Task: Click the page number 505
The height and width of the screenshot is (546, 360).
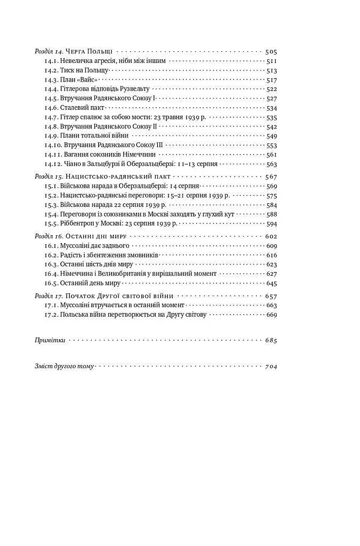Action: pos(271,52)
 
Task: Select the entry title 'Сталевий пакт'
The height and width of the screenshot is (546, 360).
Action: pos(79,108)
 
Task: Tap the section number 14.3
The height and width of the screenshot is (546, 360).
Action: pos(51,79)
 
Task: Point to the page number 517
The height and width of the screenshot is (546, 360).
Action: pos(271,79)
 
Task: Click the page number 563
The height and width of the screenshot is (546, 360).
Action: pos(271,164)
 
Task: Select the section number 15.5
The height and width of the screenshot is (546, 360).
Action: pos(51,223)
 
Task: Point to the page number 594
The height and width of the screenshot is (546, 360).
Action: pos(271,223)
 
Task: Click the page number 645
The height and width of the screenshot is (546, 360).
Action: pos(271,283)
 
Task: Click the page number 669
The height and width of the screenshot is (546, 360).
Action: pos(271,315)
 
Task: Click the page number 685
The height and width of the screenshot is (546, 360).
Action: pos(271,340)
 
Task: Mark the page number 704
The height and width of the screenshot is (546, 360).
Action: pos(271,366)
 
